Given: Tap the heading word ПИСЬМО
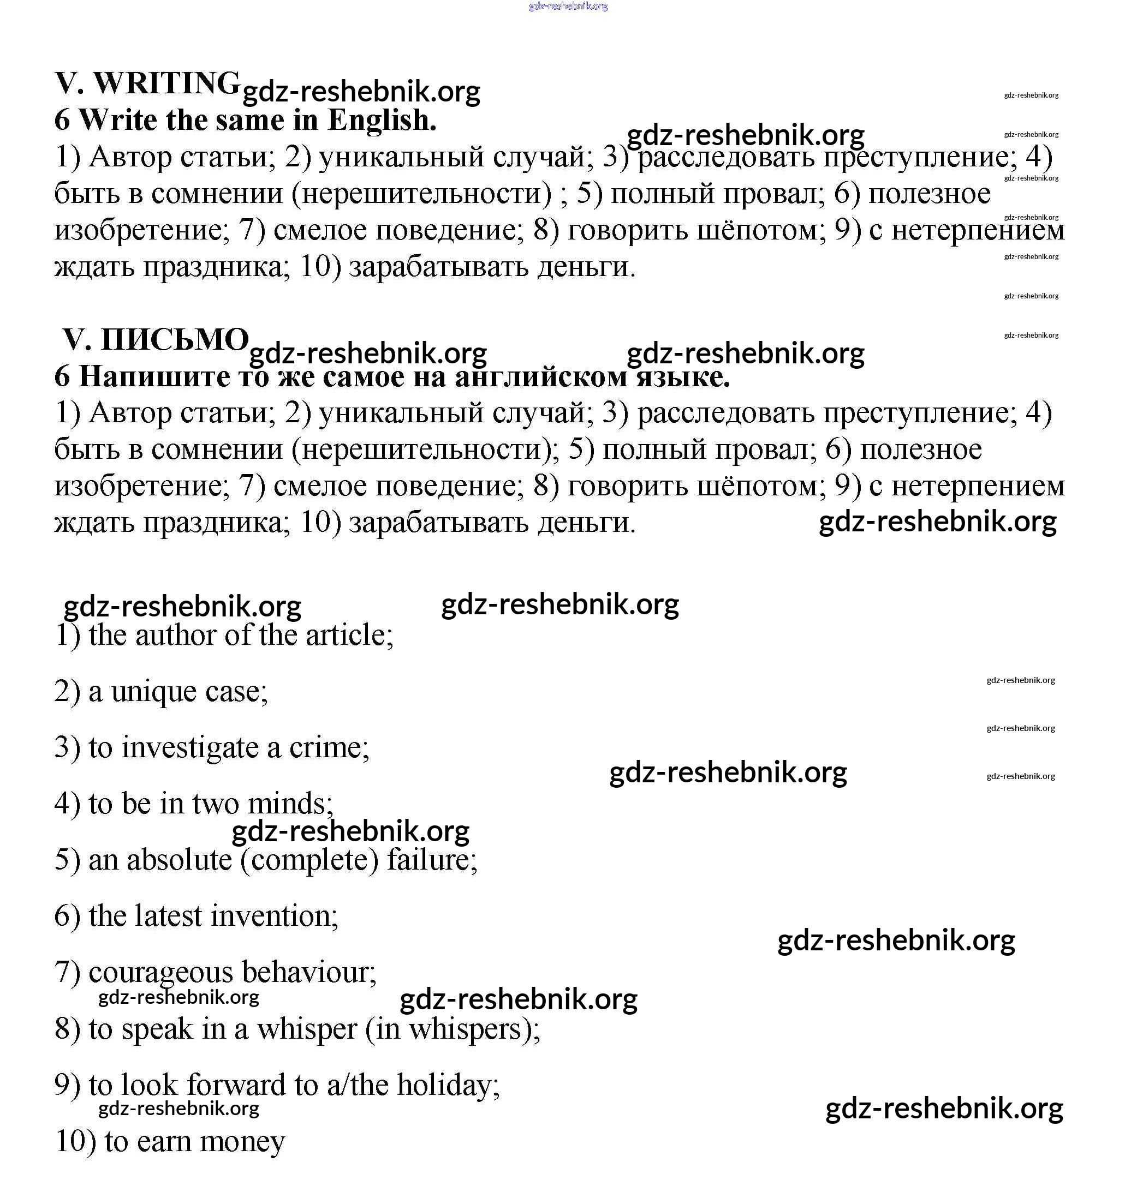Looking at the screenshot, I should tap(175, 339).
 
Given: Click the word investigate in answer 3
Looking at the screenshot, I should tap(190, 747).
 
